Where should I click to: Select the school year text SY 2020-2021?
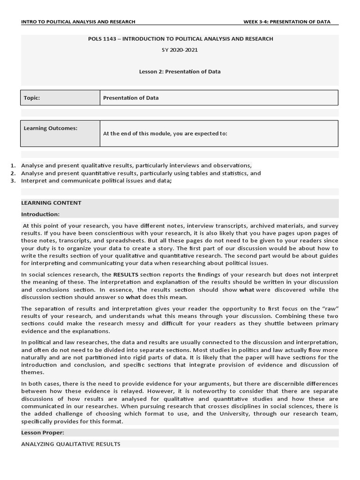click(180, 50)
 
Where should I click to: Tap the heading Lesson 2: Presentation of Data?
click(180, 72)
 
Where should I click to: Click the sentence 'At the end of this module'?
click(165, 133)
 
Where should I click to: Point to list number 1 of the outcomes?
click(13, 165)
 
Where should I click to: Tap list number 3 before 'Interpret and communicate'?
click(13, 181)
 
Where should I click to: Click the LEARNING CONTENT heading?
click(51, 203)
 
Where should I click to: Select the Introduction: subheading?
click(40, 214)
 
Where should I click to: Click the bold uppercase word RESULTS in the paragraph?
click(126, 275)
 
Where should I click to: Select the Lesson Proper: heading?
click(43, 433)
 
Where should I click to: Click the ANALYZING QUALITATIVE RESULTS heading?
click(71, 444)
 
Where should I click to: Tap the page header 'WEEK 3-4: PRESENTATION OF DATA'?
click(287, 22)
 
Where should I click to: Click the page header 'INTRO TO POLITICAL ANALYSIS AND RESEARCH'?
click(78, 22)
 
